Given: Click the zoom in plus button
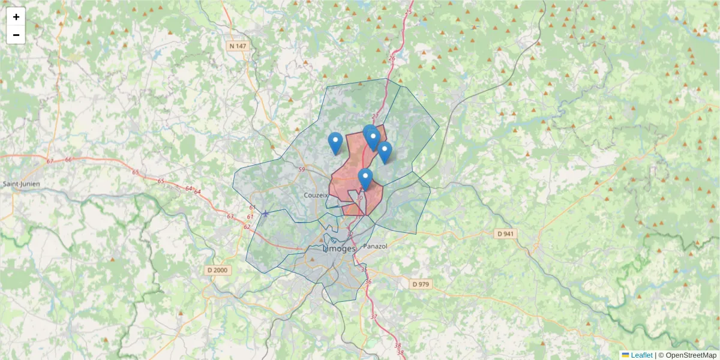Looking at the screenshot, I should pyautogui.click(x=16, y=17).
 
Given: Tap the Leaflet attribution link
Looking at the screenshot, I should pyautogui.click(x=641, y=355).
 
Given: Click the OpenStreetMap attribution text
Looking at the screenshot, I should pyautogui.click(x=688, y=355).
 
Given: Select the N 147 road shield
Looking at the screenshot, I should pyautogui.click(x=238, y=46).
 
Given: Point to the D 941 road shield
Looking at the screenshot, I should pyautogui.click(x=507, y=233).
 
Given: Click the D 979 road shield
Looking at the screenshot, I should pyautogui.click(x=421, y=284).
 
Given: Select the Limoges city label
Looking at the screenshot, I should pyautogui.click(x=340, y=248).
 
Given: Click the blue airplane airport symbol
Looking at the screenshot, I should pyautogui.click(x=265, y=213).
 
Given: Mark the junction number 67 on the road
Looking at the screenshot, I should pyautogui.click(x=49, y=161).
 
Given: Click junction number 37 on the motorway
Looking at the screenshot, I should pyautogui.click(x=374, y=316).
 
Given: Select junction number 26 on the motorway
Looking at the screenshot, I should pyautogui.click(x=392, y=58).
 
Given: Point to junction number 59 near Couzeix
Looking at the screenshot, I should pyautogui.click(x=301, y=170).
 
